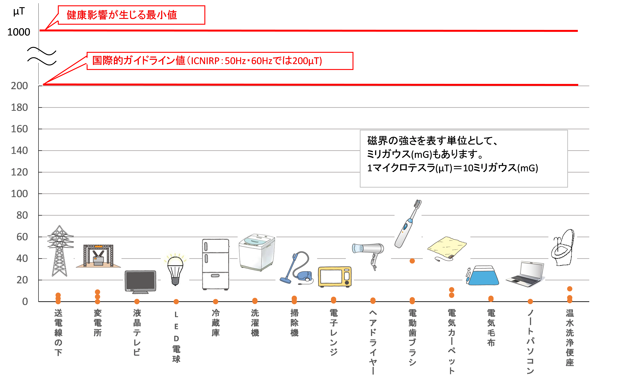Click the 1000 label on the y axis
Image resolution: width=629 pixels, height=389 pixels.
19,32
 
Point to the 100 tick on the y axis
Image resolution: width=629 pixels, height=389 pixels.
19,194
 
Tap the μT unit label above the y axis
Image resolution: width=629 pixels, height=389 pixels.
19,11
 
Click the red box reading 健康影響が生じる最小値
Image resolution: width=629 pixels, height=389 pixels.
131,15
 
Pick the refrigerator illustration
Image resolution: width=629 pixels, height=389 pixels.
216,264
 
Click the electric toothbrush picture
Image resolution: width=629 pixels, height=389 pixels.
408,224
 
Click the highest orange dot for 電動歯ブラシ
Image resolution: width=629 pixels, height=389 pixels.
412,261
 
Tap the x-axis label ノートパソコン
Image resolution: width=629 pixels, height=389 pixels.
530,342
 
